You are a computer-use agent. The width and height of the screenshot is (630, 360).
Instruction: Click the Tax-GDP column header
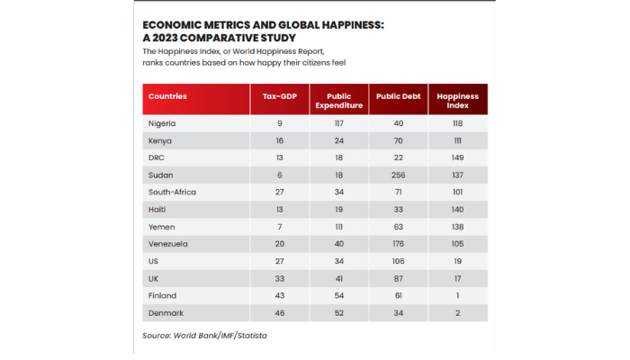click(x=280, y=95)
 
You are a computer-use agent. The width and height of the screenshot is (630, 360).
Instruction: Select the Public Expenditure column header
click(x=339, y=100)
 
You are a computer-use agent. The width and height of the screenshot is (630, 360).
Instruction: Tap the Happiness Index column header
click(x=457, y=100)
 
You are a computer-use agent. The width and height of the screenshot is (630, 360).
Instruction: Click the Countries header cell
click(x=167, y=95)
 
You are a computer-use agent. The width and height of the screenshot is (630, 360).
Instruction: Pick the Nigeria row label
click(x=162, y=123)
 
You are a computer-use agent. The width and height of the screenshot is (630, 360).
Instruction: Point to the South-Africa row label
click(x=171, y=192)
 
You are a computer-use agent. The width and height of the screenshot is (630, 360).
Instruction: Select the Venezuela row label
click(x=169, y=244)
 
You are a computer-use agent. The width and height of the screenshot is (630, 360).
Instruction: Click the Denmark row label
click(x=166, y=312)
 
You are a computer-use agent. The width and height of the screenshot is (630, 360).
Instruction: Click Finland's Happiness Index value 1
click(x=457, y=295)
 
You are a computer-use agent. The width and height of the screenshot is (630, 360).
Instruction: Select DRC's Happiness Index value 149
click(x=457, y=157)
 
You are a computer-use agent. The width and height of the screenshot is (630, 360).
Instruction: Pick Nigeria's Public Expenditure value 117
click(x=339, y=123)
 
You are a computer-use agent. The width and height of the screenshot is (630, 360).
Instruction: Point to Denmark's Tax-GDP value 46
click(x=280, y=312)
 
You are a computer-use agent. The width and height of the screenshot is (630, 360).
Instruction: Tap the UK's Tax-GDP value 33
click(x=280, y=278)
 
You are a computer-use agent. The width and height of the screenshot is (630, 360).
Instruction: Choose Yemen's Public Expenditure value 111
click(x=339, y=227)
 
